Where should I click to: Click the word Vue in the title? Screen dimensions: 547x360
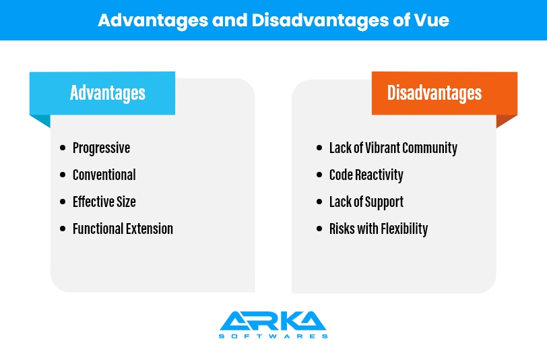click(x=432, y=20)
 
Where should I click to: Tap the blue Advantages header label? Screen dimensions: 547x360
click(x=102, y=93)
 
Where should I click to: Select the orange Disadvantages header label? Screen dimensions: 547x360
click(x=445, y=93)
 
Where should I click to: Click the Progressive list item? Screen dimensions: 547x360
click(x=101, y=148)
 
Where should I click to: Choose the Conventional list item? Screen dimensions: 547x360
click(x=104, y=175)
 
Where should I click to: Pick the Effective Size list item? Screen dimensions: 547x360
click(x=104, y=202)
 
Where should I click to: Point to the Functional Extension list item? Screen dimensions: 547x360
click(x=123, y=229)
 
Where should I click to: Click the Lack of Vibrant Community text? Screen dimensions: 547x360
click(x=393, y=148)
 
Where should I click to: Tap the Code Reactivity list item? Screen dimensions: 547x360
click(x=366, y=175)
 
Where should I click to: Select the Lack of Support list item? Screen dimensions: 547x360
click(x=366, y=202)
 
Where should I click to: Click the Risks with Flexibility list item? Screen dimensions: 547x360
click(x=379, y=229)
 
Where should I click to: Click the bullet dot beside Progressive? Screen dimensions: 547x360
click(x=63, y=148)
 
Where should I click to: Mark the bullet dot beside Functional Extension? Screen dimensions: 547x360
click(x=63, y=229)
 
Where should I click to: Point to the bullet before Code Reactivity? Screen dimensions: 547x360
click(x=319, y=175)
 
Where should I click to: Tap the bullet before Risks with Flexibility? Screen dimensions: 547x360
click(x=319, y=229)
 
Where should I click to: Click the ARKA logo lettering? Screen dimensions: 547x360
click(x=273, y=320)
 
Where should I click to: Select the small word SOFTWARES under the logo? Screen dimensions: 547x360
click(x=273, y=336)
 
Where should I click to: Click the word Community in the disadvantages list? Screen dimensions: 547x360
click(x=430, y=148)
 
